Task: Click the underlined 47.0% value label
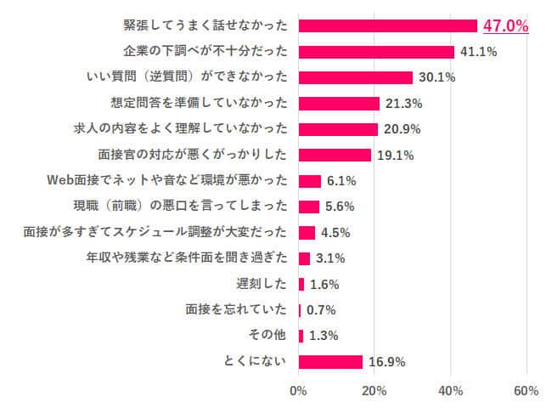coord(505,25)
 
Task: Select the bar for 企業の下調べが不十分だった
coord(376,52)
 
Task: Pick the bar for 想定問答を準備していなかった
coord(339,104)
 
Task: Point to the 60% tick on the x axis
coord(527,391)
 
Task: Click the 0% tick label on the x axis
coord(298,391)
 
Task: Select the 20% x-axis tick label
coord(375,391)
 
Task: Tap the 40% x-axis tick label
coord(451,391)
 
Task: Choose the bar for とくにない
coord(330,361)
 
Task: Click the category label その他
coord(273,335)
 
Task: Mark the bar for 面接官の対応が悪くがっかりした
coord(335,155)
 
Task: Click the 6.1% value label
coord(341,181)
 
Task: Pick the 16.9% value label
coord(387,361)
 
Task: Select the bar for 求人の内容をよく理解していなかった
coord(338,129)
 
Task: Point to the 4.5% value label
coord(335,232)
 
